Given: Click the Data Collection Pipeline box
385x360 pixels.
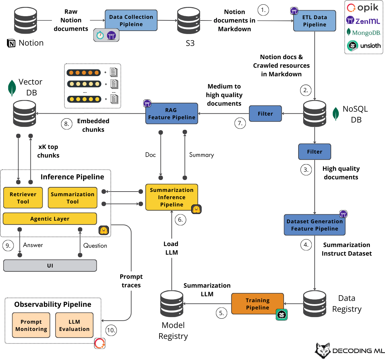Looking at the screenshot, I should (x=131, y=20).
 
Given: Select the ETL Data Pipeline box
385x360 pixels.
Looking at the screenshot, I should (x=315, y=21).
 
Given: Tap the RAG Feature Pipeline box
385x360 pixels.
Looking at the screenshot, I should (x=172, y=114).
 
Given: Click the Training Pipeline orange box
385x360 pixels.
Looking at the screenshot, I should (x=258, y=304).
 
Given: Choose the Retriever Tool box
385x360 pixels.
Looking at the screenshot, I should (x=23, y=198).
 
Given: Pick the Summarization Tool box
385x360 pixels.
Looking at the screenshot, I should (x=73, y=198).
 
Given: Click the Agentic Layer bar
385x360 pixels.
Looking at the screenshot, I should (x=50, y=219).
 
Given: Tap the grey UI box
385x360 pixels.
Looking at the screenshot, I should (x=50, y=266).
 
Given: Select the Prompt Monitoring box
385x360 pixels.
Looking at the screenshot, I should (x=31, y=325).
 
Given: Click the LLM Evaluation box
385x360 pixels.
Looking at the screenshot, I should (x=74, y=325).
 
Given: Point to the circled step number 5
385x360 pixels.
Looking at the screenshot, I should (x=222, y=313).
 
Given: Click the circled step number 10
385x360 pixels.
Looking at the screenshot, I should (x=111, y=330).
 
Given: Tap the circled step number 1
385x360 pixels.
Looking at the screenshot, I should (x=263, y=10).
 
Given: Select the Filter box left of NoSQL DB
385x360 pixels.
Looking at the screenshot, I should (x=265, y=114).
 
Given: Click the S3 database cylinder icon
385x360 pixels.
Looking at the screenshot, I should (x=189, y=20).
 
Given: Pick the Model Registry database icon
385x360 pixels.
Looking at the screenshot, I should (x=172, y=304).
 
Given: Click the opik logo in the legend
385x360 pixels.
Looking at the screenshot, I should (x=363, y=8).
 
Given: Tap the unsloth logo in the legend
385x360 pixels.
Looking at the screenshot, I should (x=364, y=46).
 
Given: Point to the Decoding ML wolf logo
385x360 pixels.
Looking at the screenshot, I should (x=323, y=350).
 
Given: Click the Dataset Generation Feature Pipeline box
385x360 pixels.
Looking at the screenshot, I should (x=315, y=225).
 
